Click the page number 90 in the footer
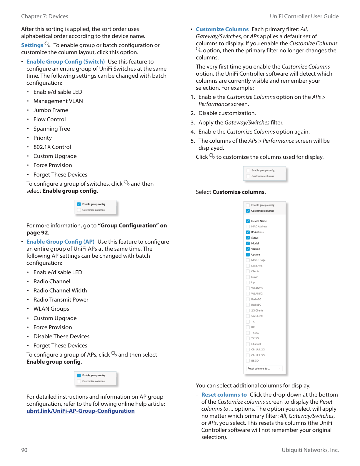pos(24,450)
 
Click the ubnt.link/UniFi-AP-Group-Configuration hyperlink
pos(80,411)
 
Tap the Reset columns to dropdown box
pos(264,369)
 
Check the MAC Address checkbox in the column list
pos(248,227)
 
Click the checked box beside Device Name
pos(248,221)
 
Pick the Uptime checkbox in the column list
pos(248,254)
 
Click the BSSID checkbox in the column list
pos(248,361)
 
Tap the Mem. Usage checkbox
pos(248,260)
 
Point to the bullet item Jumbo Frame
pos(51,110)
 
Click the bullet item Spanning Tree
pos(51,129)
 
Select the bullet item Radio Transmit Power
pos(61,300)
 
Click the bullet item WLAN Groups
pos(51,309)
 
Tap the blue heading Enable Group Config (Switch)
pos(65,62)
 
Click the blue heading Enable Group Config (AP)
pos(60,242)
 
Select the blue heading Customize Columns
pos(222,29)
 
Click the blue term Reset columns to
pos(224,395)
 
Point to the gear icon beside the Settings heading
pos(47,44)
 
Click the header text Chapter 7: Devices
pos(44,16)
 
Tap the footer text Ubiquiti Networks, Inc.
pos(310,450)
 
